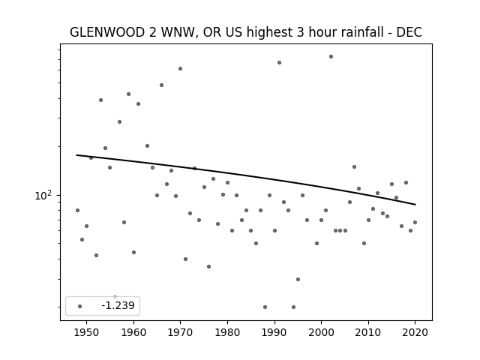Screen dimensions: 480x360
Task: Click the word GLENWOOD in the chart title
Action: point(107,32)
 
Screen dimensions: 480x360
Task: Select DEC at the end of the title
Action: point(409,32)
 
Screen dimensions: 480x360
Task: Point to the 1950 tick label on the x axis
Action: point(87,332)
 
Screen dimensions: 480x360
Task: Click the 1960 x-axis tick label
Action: point(133,332)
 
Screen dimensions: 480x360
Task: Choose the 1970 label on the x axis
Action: point(180,332)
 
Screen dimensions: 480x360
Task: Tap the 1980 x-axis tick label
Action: point(227,332)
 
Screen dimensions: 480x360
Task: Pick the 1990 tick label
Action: point(274,332)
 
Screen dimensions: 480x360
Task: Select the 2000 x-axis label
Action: point(321,332)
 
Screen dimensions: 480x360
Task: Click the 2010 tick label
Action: point(368,332)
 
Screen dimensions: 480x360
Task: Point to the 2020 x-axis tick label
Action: point(415,332)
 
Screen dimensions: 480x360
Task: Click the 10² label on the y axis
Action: point(43,195)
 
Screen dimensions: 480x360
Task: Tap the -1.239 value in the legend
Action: point(118,305)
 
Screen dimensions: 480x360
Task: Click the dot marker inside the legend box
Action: point(79,306)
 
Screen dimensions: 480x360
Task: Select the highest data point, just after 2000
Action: point(331,57)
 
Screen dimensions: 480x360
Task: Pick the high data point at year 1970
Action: point(180,68)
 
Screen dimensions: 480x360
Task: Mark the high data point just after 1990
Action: point(279,63)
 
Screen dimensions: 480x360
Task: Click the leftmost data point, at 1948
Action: point(77,210)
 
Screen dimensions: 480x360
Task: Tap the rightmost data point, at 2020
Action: point(415,222)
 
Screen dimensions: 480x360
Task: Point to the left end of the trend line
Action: point(76,155)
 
